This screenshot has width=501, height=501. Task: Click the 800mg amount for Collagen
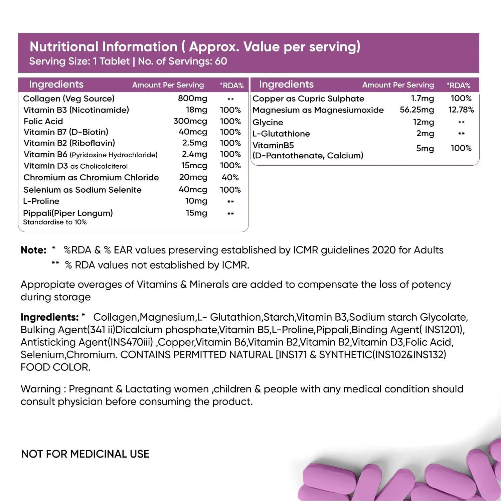192,99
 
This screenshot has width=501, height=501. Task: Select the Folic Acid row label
43,121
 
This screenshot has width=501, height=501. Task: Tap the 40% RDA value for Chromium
230,177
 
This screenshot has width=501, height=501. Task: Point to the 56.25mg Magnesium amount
417,110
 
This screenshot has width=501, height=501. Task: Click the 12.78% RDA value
461,110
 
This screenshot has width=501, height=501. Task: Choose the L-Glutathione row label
281,134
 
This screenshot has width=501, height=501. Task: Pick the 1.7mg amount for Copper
422,99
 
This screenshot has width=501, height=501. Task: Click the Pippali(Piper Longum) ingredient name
68,213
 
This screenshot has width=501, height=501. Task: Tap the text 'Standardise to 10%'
55,222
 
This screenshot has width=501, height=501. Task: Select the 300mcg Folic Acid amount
190,121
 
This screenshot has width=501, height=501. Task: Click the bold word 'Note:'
33,250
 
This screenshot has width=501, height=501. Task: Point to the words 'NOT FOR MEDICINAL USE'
85,454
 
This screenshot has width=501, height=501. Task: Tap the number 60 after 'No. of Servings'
221,61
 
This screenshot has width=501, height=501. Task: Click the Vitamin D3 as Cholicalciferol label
75,166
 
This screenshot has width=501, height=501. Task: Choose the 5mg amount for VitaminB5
425,149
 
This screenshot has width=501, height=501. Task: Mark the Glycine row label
268,122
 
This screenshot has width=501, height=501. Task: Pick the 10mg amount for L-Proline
196,201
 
